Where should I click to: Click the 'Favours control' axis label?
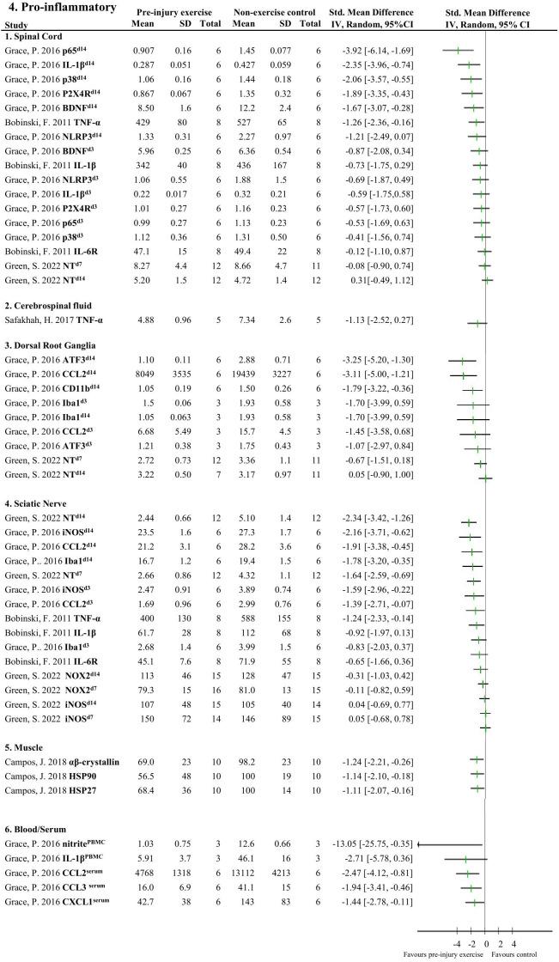pyautogui.click(x=514, y=954)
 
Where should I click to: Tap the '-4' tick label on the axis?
pyautogui.click(x=458, y=942)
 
